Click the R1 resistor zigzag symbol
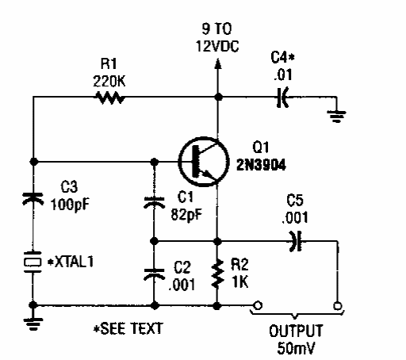point(109,98)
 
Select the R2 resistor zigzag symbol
point(217,274)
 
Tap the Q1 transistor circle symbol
point(204,162)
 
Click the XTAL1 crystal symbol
point(33,262)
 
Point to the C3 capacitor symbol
point(33,199)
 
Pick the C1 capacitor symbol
point(154,202)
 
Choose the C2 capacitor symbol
point(154,274)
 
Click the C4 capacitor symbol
point(282,98)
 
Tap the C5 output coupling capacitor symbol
point(296,241)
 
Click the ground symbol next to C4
point(336,117)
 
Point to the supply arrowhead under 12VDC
point(218,63)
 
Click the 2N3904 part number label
point(261,165)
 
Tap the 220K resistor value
point(109,81)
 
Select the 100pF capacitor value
point(70,205)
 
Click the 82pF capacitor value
point(186,214)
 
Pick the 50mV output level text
point(296,348)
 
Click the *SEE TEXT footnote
point(128,328)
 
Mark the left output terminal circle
point(258,305)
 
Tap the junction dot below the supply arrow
point(218,98)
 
